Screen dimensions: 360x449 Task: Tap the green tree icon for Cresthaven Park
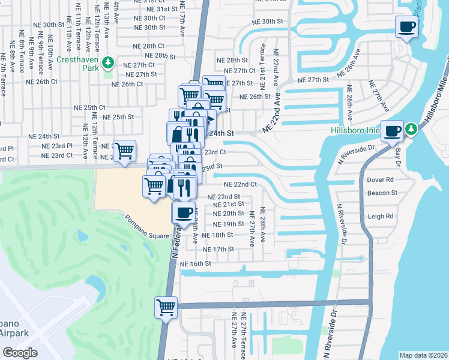[x=108, y=62]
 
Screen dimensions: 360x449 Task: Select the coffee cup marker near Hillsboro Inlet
[x=393, y=131]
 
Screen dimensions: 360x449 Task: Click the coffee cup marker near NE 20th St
[x=184, y=212]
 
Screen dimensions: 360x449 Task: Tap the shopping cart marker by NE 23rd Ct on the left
[x=124, y=150]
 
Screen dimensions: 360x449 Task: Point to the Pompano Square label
[x=147, y=227]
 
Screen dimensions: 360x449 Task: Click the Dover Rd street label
[x=380, y=179]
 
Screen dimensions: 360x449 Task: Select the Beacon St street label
[x=382, y=193]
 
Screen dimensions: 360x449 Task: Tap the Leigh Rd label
[x=381, y=216]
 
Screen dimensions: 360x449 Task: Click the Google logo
[x=20, y=353]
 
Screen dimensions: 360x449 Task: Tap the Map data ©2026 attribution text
[x=423, y=355]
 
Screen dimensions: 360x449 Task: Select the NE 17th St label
[x=218, y=249]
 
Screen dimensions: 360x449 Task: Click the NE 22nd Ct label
[x=240, y=184]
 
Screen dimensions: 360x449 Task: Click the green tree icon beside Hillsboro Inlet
[x=411, y=128]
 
